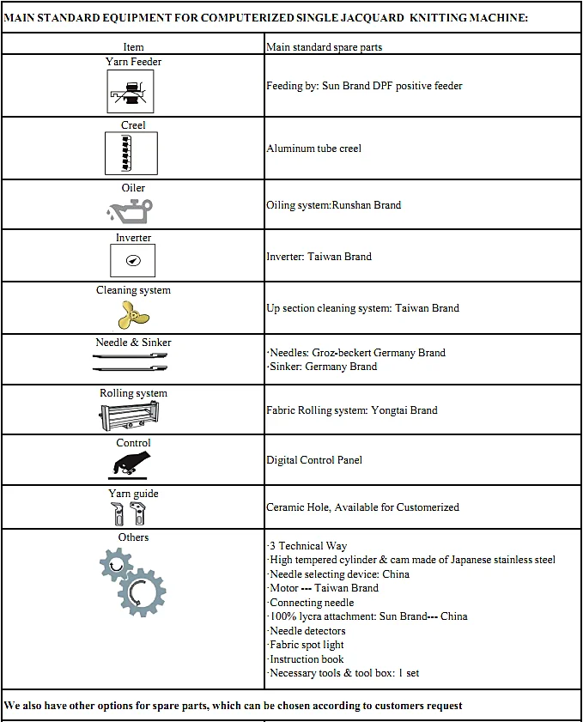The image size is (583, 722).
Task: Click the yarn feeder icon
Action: pos(131,91)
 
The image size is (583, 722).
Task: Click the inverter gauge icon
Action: pos(133,259)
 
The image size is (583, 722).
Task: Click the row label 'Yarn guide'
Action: pos(133,494)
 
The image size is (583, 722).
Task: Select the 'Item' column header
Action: pos(133,47)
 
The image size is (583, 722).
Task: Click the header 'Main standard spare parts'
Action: pos(325,47)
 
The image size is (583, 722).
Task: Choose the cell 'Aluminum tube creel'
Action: pos(314,149)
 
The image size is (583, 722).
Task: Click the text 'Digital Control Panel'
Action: pos(314,460)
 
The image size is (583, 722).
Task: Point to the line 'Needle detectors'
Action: pos(307,631)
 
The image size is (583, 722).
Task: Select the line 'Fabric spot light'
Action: pos(307,645)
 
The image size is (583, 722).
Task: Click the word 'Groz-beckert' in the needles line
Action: pos(343,353)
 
